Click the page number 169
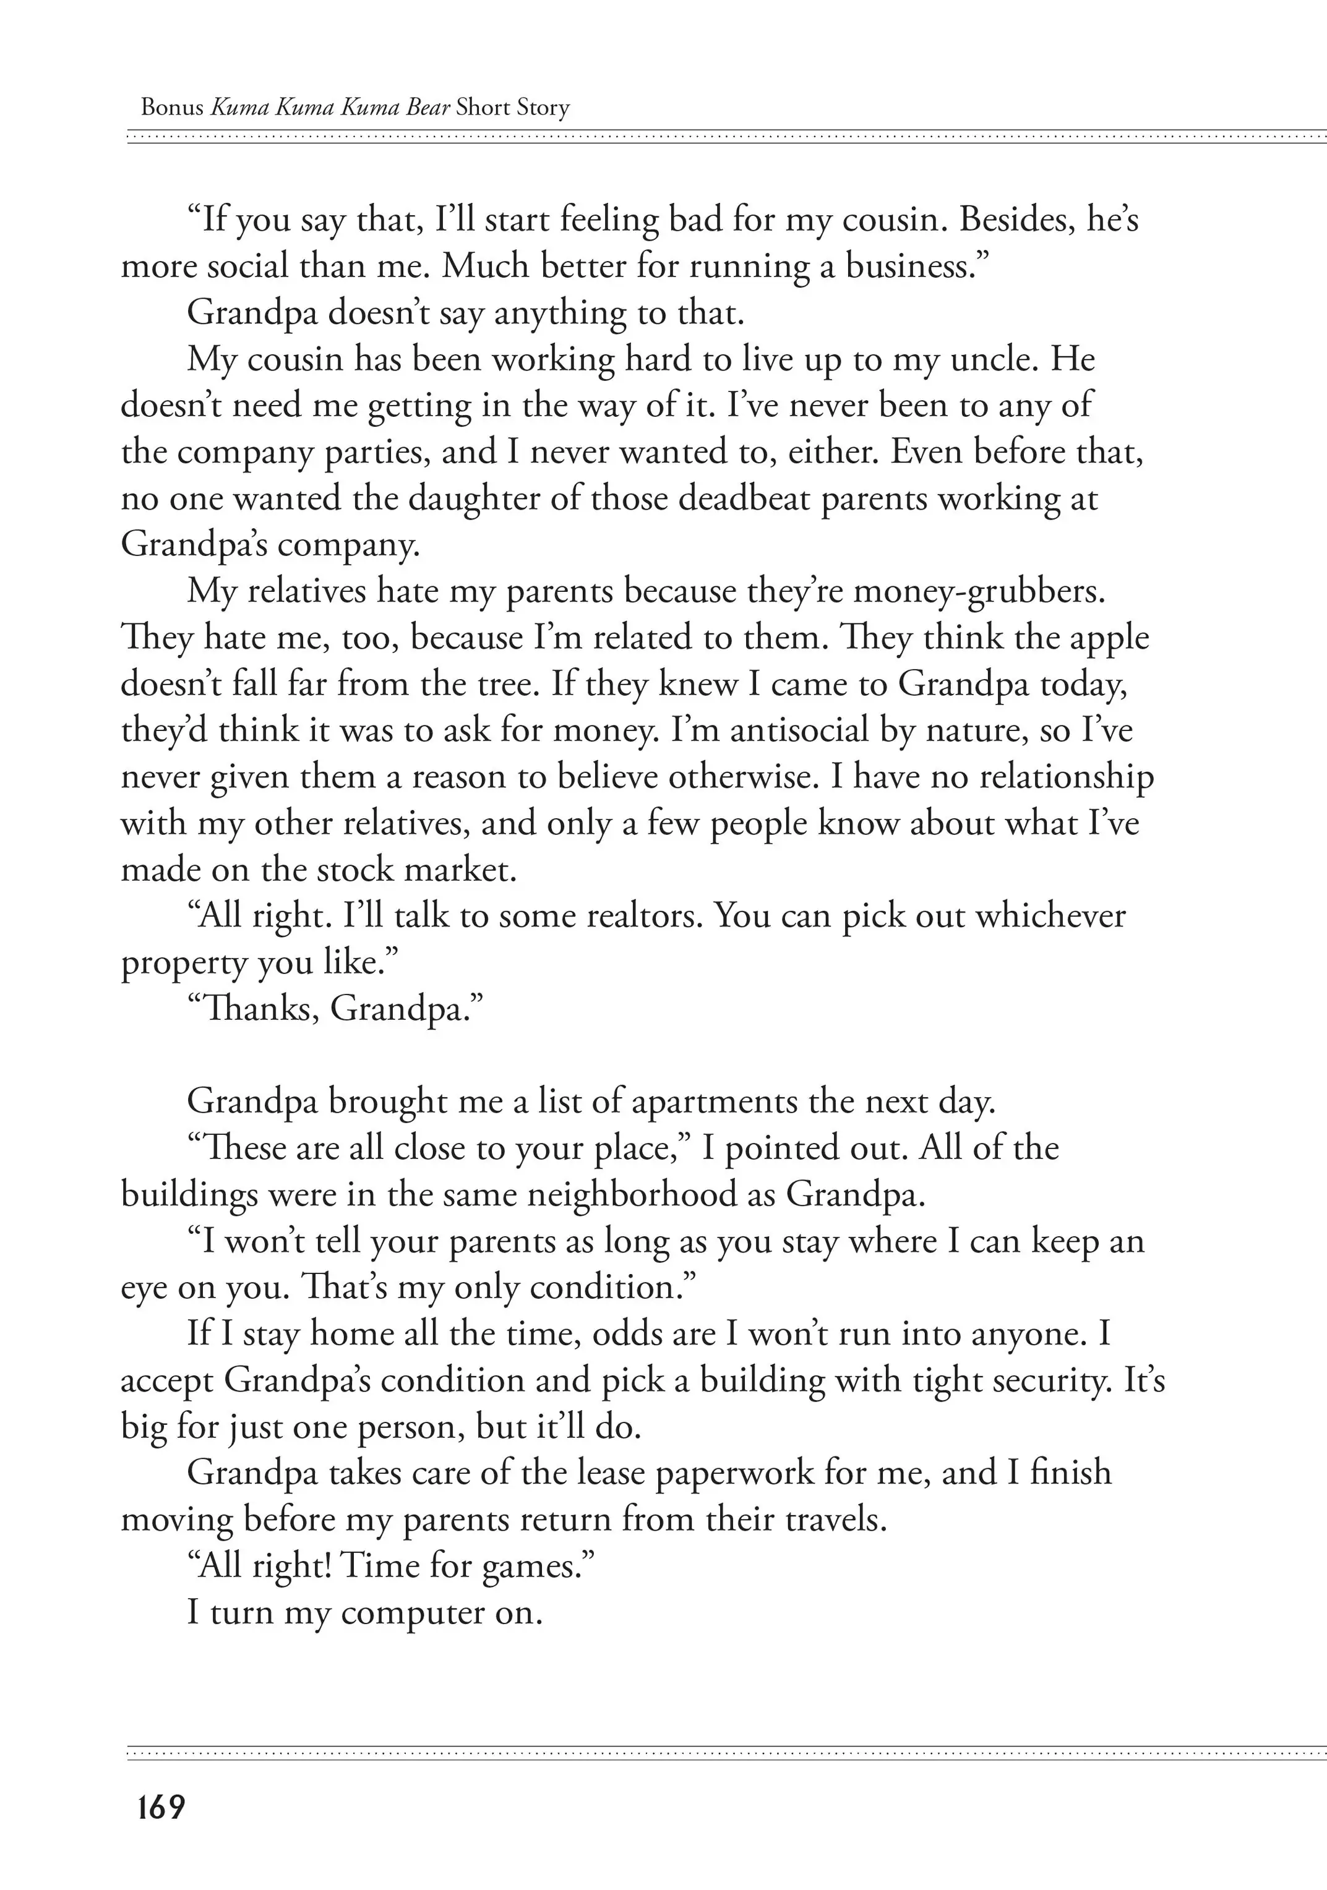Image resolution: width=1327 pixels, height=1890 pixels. click(161, 1807)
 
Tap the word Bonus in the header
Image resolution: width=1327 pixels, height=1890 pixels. click(172, 108)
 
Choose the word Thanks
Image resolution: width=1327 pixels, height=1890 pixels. click(261, 1008)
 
